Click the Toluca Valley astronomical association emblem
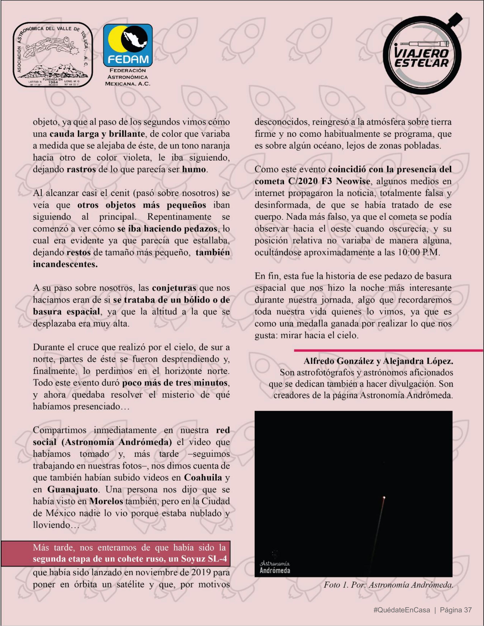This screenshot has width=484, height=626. coord(53,54)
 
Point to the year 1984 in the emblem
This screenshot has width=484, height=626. coord(53,82)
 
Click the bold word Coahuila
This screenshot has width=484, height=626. coord(203,478)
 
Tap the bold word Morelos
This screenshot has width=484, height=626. coord(106,501)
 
